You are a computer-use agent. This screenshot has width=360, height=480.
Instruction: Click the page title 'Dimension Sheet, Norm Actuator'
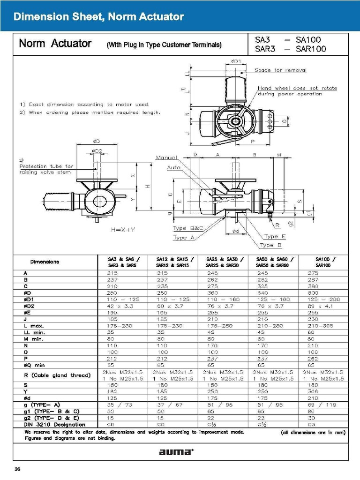pyautogui.click(x=99, y=17)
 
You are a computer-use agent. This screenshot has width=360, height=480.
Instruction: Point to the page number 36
pyautogui.click(x=17, y=469)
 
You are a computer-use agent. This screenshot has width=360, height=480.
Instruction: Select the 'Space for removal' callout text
pyautogui.click(x=280, y=70)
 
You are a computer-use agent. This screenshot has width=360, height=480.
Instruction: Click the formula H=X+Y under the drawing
pyautogui.click(x=123, y=230)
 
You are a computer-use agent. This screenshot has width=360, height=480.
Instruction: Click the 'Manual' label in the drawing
pyautogui.click(x=166, y=157)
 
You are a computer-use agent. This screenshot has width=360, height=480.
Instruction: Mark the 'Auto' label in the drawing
pyautogui.click(x=174, y=167)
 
